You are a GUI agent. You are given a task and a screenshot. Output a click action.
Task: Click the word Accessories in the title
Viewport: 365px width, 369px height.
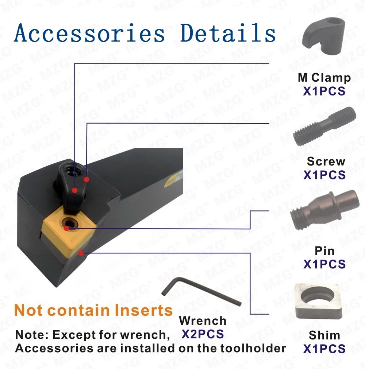pyautogui.click(x=89, y=34)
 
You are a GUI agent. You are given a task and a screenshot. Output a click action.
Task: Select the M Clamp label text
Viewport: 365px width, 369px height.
pyautogui.click(x=324, y=77)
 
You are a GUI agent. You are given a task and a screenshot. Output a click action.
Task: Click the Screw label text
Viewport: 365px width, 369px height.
pyautogui.click(x=326, y=161)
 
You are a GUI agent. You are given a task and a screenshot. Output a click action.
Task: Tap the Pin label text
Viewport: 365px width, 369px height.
pyautogui.click(x=324, y=250)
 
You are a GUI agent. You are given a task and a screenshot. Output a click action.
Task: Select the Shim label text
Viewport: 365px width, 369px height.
pyautogui.click(x=324, y=335)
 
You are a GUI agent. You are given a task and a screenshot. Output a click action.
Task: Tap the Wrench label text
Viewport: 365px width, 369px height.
pyautogui.click(x=203, y=321)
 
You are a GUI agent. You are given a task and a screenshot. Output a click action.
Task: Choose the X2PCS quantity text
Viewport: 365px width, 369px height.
pyautogui.click(x=203, y=334)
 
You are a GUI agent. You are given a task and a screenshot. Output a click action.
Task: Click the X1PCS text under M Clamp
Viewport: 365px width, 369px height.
pyautogui.click(x=324, y=91)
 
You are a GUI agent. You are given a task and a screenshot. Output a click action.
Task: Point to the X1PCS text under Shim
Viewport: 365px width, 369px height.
pyautogui.click(x=324, y=349)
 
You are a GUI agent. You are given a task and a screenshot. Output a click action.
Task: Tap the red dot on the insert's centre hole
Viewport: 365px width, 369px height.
pyautogui.click(x=66, y=229)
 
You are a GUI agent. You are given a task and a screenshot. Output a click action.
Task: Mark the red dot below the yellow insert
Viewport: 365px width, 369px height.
pyautogui.click(x=80, y=252)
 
